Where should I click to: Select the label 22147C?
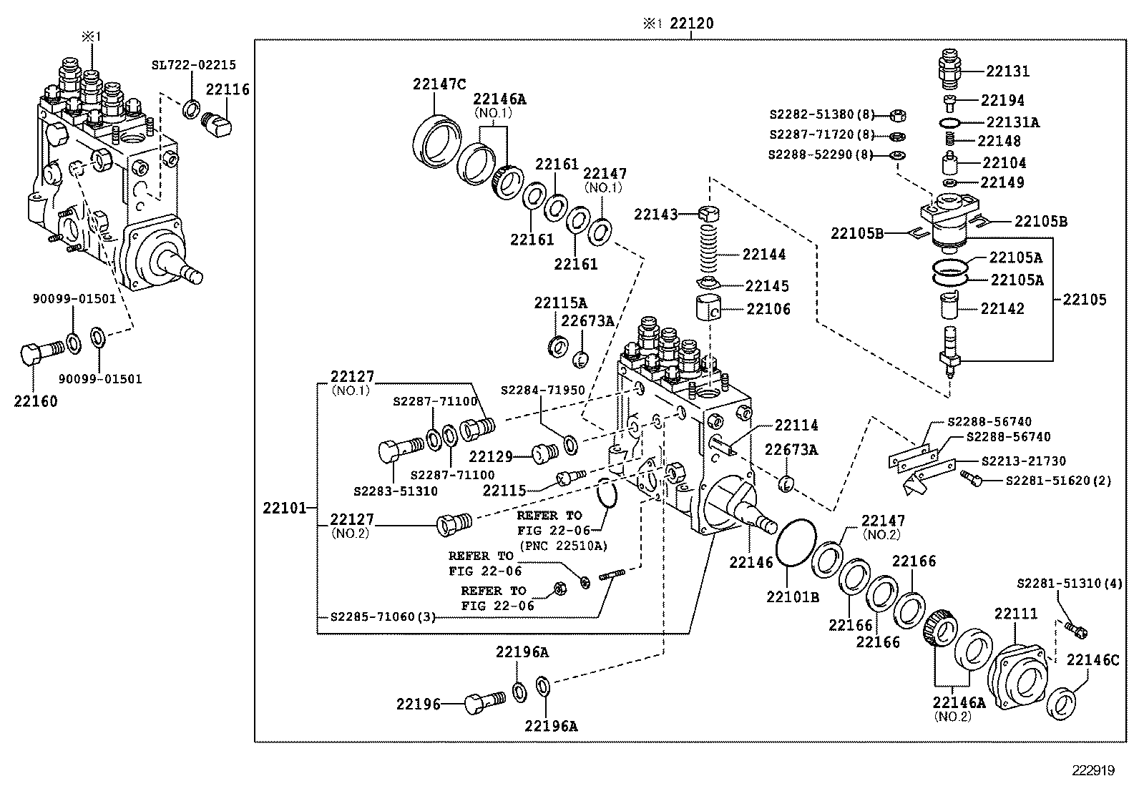pyautogui.click(x=439, y=84)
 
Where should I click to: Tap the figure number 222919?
pyautogui.click(x=1092, y=770)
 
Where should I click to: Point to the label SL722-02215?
pyautogui.click(x=193, y=64)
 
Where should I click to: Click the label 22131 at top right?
pyautogui.click(x=1007, y=71)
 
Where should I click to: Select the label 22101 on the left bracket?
pyautogui.click(x=284, y=509)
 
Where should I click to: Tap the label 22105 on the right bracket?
pyautogui.click(x=1084, y=300)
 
